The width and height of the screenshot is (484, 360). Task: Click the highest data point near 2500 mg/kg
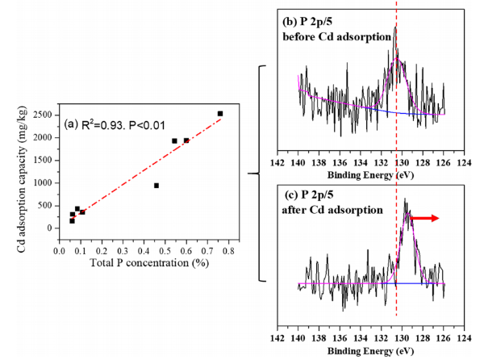(220, 114)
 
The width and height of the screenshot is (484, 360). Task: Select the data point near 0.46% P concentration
(156, 186)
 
